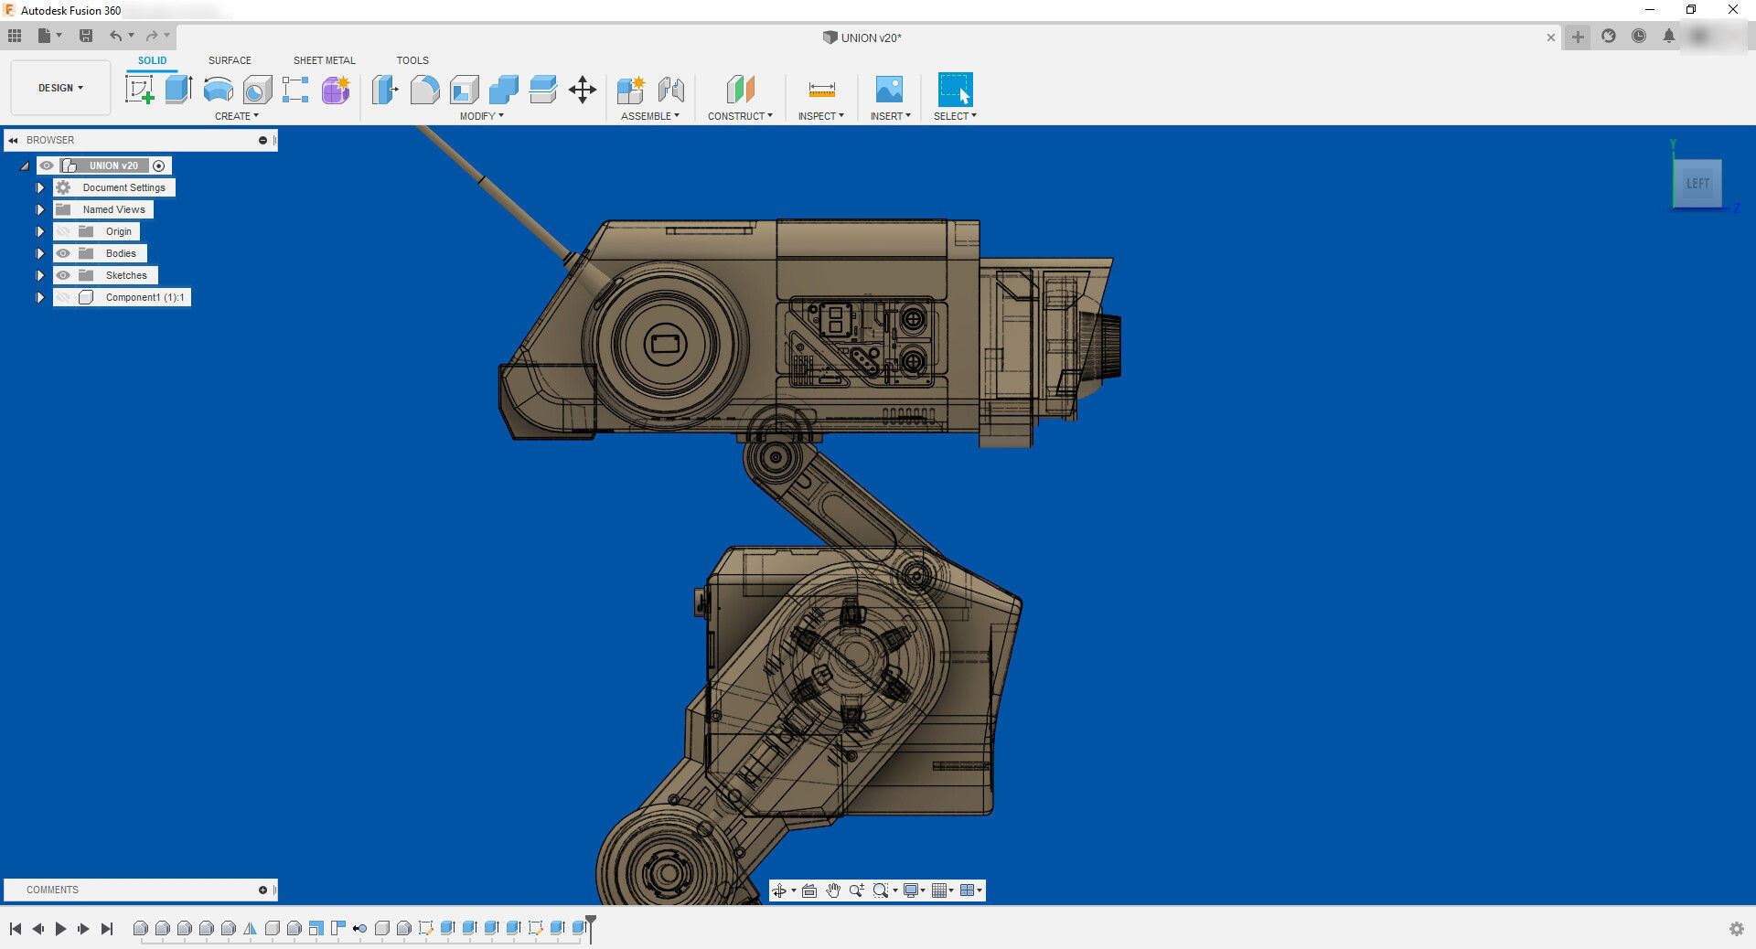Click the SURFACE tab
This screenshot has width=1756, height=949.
pos(230,60)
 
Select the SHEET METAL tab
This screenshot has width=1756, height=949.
pos(324,60)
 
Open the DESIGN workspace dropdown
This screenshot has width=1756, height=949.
pos(60,88)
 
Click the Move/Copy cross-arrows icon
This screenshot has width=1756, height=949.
pos(583,90)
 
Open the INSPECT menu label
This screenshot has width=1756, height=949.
pos(820,116)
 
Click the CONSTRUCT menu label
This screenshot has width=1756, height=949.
pos(740,116)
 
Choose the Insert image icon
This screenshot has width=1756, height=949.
pos(889,90)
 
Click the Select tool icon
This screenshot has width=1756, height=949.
pos(955,90)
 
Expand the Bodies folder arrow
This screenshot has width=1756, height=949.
pos(40,253)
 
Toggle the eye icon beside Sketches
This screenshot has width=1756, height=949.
pos(63,275)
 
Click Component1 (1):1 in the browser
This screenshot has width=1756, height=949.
pos(145,297)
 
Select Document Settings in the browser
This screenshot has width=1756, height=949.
pos(123,187)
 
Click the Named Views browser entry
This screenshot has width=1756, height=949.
pos(113,209)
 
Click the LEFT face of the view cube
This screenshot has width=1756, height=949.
pos(1697,184)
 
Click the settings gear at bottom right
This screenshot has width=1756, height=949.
pos(1736,929)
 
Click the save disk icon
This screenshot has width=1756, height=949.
pos(86,36)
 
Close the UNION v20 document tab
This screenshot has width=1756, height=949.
pos(1550,37)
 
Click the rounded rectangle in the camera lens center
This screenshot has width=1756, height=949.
pos(665,345)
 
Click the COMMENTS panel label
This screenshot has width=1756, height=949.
pos(52,890)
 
